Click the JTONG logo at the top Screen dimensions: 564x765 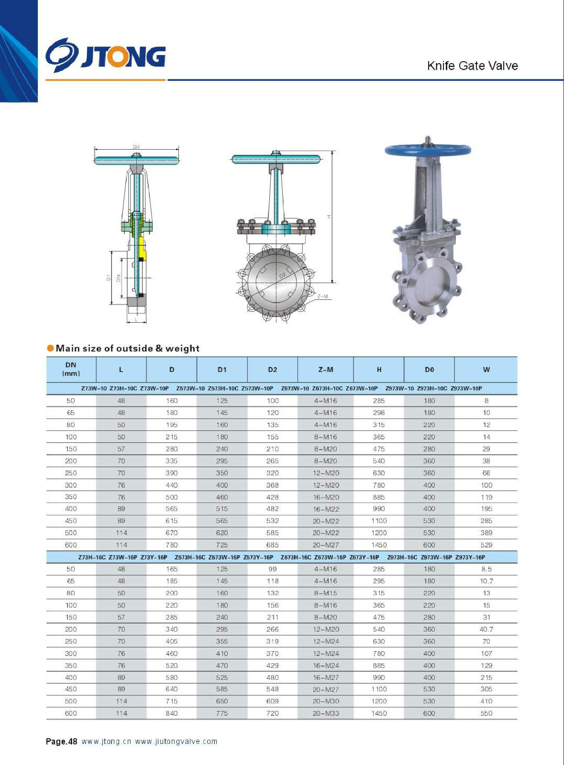(x=106, y=55)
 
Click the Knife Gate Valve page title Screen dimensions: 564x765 (x=473, y=66)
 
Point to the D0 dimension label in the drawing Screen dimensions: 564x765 (x=136, y=147)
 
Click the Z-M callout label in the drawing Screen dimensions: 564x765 (x=322, y=296)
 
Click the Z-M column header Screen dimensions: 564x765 (x=326, y=370)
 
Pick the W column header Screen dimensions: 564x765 (x=487, y=370)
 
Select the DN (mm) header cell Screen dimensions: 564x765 (x=71, y=369)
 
